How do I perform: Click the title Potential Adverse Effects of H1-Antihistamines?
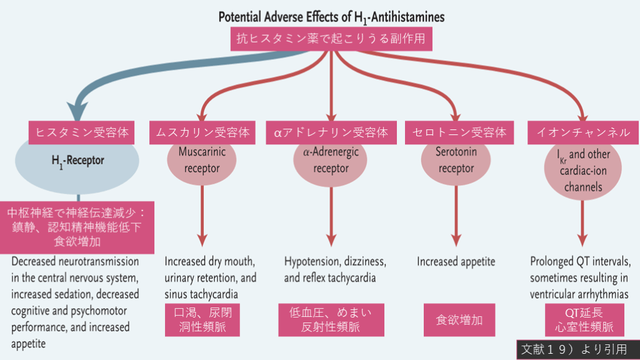click(x=331, y=17)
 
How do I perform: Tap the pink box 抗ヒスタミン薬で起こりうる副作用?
click(x=331, y=39)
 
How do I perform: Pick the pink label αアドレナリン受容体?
click(x=331, y=132)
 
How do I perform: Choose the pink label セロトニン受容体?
click(x=456, y=132)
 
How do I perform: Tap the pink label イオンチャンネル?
click(x=583, y=132)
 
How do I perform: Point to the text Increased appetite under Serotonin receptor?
click(x=456, y=261)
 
